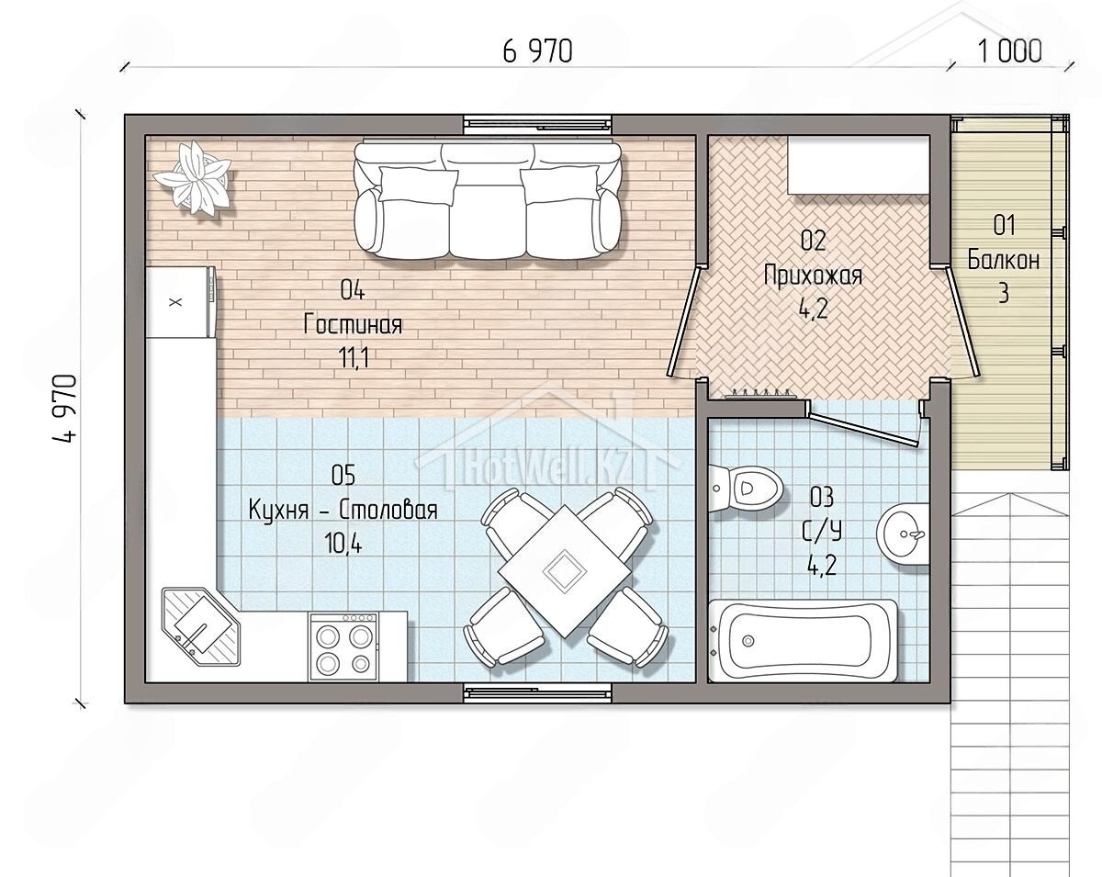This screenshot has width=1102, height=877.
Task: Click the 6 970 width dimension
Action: pyautogui.click(x=537, y=51)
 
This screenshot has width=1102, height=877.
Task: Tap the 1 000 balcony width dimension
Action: pyautogui.click(x=1009, y=51)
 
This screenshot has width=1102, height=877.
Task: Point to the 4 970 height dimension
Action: pyautogui.click(x=65, y=409)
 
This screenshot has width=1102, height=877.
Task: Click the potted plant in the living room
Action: pyautogui.click(x=194, y=178)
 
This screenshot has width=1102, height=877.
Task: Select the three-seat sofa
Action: pyautogui.click(x=488, y=200)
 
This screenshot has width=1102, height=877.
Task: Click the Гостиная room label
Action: pyautogui.click(x=353, y=324)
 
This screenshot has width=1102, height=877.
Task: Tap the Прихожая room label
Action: pyautogui.click(x=814, y=276)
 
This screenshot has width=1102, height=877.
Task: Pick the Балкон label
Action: pyautogui.click(x=1003, y=260)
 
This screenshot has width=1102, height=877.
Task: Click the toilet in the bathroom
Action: pyautogui.click(x=746, y=489)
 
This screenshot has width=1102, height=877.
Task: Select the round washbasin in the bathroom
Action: pyautogui.click(x=903, y=534)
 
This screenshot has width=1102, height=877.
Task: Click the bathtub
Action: pyautogui.click(x=803, y=641)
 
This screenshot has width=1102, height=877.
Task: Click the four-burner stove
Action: pyautogui.click(x=343, y=647)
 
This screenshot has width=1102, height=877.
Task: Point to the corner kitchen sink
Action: pyautogui.click(x=201, y=626)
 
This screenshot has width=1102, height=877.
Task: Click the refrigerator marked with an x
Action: pyautogui.click(x=181, y=302)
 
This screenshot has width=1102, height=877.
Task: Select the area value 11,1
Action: pyautogui.click(x=354, y=357)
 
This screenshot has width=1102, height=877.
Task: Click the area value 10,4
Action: pyautogui.click(x=343, y=544)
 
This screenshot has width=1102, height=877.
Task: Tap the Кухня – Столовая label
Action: pyautogui.click(x=343, y=511)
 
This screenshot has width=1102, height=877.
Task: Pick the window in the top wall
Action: pyautogui.click(x=538, y=123)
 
